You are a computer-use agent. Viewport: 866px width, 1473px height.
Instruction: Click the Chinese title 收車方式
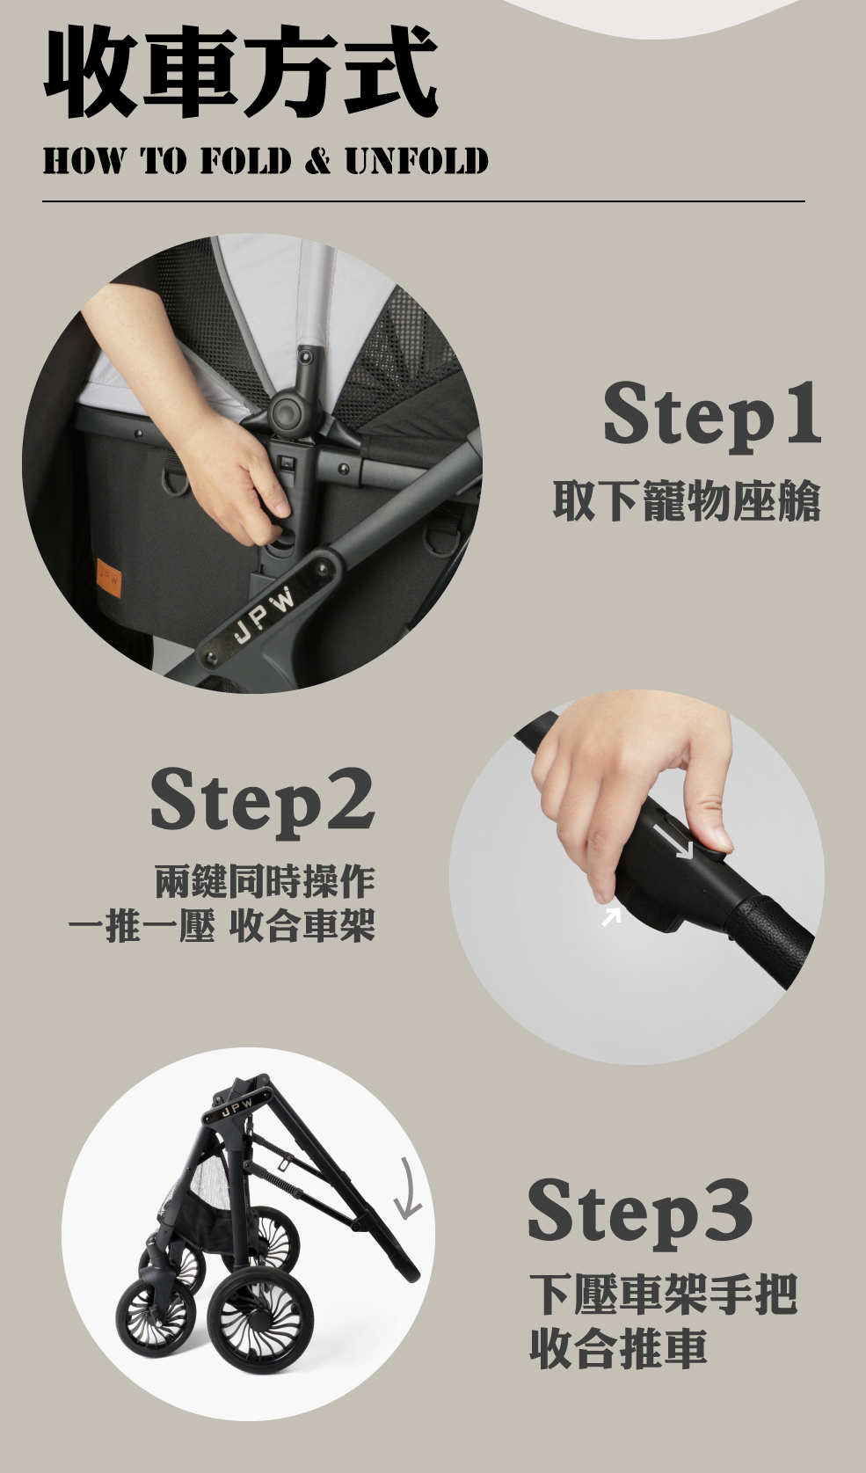tap(241, 71)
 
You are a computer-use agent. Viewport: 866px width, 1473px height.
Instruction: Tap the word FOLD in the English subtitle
tap(245, 161)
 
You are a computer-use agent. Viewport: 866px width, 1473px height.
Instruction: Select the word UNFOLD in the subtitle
tap(417, 161)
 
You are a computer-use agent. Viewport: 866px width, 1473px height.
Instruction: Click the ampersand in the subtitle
tap(318, 161)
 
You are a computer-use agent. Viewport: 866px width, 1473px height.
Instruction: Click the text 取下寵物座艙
tap(688, 501)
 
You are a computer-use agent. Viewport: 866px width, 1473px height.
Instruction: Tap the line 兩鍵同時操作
tap(265, 882)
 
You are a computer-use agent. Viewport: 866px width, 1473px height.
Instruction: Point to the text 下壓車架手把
tap(664, 1294)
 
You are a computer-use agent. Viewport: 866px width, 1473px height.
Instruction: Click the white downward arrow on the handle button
tap(673, 842)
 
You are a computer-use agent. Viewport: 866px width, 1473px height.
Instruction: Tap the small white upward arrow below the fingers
tap(612, 916)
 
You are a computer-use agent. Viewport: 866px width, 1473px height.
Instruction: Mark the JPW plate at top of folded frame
tap(237, 1109)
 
